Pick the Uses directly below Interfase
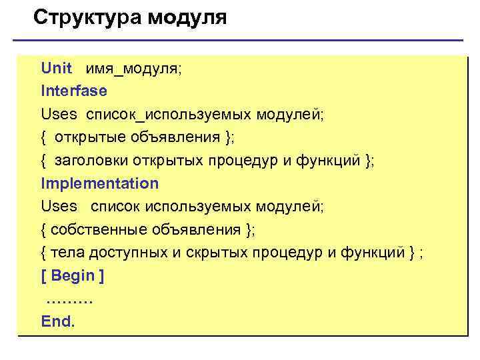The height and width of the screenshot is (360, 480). [x=59, y=115]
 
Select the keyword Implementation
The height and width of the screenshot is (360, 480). [x=99, y=183]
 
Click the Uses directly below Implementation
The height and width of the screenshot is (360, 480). [x=59, y=207]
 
